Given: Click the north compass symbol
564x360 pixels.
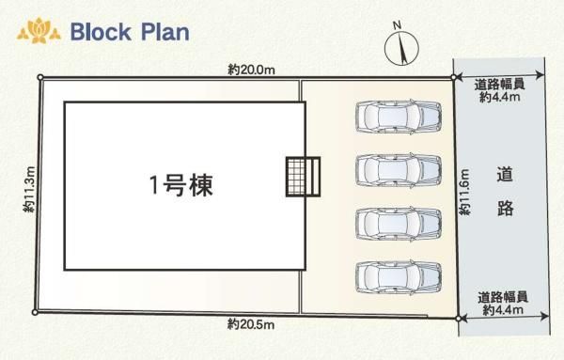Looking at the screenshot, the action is (401, 48).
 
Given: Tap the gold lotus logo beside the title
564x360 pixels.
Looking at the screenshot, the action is (39, 30).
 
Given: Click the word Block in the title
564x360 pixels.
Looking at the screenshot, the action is (101, 32).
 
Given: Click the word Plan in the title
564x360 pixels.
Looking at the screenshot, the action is (165, 32).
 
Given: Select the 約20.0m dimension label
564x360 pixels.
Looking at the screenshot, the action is (251, 70).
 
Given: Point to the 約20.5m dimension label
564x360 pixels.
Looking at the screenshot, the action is (251, 324).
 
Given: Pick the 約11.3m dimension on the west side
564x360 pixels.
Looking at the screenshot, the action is (29, 189).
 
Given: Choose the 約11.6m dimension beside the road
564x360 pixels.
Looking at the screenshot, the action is (464, 193).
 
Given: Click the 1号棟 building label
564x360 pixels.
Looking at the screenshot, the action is (181, 185).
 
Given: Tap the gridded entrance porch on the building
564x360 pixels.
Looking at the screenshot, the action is (303, 177).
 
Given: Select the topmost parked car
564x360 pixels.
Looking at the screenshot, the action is (399, 117).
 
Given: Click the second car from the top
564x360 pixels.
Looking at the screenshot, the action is (399, 170).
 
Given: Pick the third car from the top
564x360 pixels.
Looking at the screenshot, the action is (399, 224).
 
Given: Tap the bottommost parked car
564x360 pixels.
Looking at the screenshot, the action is (399, 277).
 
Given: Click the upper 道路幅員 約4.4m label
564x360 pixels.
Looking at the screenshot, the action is (499, 90).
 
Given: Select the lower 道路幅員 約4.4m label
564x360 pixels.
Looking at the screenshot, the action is (503, 304).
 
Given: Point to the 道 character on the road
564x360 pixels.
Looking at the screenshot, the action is (505, 175).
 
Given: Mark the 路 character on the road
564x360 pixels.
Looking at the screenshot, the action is (505, 208).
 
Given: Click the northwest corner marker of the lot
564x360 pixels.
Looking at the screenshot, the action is (40, 77).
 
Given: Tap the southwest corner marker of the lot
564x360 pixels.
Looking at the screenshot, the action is (35, 312).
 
